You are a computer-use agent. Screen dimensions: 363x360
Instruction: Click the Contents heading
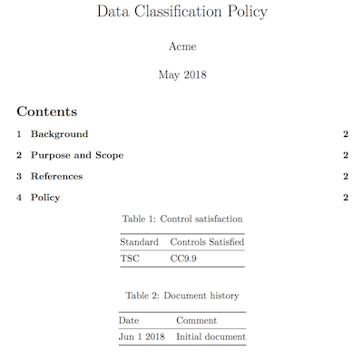coord(46,112)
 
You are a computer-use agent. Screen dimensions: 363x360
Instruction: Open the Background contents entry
coord(59,134)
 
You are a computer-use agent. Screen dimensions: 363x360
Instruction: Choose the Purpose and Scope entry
coord(76,155)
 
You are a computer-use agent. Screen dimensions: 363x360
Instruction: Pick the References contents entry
coord(56,176)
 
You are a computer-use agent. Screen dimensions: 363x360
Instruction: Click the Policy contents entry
coord(45,198)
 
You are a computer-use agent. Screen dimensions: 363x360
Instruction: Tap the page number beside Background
coord(346,134)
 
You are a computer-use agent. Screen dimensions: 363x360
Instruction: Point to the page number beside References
coord(346,176)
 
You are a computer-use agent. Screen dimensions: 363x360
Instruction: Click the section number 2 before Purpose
coord(19,155)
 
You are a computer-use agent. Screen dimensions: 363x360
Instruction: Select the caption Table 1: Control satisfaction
coord(181,219)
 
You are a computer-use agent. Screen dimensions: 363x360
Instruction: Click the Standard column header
coord(139,242)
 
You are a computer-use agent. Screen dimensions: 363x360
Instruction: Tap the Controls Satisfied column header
coord(207,242)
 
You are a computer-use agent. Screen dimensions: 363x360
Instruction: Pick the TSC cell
coord(130,258)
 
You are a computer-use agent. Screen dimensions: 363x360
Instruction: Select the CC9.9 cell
coord(183,258)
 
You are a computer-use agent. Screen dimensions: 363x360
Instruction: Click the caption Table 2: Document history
coord(181,296)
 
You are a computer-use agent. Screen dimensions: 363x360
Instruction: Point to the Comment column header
coord(196,320)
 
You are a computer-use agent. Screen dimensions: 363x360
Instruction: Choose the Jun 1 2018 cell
coord(140,336)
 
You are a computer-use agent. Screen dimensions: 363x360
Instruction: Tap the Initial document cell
coord(211,336)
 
